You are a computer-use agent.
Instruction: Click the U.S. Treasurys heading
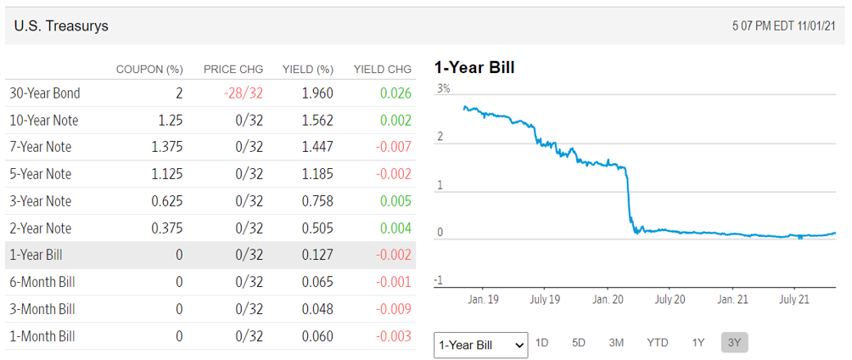point(61,26)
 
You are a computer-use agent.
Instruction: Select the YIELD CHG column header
point(382,69)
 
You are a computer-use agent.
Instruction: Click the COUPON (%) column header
point(149,69)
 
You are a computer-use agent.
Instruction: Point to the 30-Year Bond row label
point(44,93)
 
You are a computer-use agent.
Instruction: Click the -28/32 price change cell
point(244,93)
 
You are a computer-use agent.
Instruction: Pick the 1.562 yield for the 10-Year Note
point(317,120)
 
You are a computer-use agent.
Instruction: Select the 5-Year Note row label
point(40,174)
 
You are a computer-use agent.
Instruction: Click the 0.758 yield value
point(317,201)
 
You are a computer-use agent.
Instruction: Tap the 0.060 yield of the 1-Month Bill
point(317,336)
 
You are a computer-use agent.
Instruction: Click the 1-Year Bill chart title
point(474,68)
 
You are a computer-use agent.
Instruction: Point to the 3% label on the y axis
point(443,88)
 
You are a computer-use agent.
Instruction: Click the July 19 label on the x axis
point(544,300)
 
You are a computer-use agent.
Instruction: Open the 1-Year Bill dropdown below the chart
point(480,345)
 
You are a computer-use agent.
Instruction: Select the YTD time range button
point(657,343)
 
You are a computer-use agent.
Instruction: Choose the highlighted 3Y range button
point(734,343)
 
